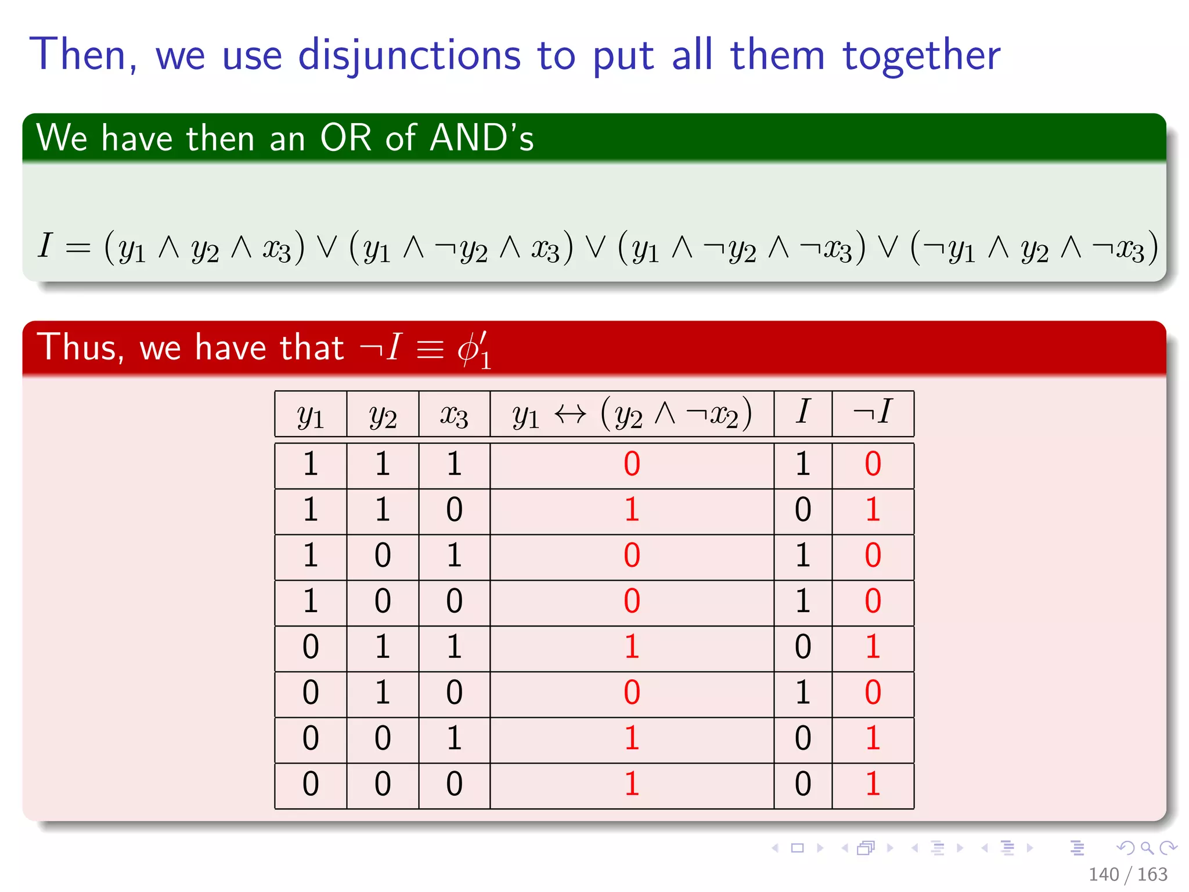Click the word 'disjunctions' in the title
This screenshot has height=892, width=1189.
pos(409,56)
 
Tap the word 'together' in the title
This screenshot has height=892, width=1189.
pos(921,56)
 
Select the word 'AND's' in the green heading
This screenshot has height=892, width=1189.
pos(481,138)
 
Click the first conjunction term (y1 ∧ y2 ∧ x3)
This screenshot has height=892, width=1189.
pos(204,247)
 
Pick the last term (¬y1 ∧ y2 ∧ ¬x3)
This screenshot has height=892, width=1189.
pos(1035,247)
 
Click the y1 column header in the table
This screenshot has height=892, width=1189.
pos(311,415)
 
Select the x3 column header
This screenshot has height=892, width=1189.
pos(454,415)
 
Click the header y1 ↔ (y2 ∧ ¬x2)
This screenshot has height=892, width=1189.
pos(632,415)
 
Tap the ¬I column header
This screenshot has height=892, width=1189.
pos(872,412)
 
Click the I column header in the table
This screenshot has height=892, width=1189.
pos(802,412)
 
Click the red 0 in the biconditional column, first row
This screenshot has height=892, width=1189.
pos(632,464)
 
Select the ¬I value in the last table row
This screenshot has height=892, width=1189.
pos(873,783)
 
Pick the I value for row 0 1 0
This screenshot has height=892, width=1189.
pos(802,692)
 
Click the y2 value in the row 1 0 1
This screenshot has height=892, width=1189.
pos(383,555)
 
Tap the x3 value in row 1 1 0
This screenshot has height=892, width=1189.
pos(454,509)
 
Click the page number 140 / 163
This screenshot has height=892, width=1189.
pos(1127,874)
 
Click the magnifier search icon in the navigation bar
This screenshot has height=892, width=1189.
pos(1147,848)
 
